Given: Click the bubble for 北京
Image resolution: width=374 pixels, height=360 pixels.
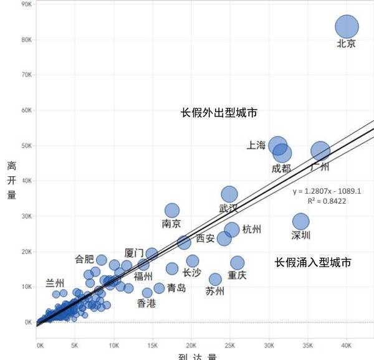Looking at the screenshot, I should [347, 27].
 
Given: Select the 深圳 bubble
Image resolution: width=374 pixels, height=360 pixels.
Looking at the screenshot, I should [301, 221].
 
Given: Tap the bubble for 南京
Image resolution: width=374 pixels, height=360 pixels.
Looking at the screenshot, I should [172, 211].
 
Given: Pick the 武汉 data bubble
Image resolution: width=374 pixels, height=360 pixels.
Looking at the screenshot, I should [229, 194].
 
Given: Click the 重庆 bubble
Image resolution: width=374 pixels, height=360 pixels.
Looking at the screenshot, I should [237, 263].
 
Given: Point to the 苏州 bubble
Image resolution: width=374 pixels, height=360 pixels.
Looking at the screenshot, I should [216, 279].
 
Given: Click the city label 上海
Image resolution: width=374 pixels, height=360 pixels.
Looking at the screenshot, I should [257, 145].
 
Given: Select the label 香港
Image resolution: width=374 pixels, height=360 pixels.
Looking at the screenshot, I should [147, 303].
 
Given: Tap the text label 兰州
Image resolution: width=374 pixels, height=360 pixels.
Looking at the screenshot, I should [55, 283].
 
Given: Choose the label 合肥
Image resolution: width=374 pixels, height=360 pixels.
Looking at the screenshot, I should [85, 258].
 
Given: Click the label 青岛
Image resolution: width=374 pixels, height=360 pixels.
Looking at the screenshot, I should [176, 288].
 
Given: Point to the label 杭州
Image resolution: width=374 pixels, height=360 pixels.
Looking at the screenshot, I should [252, 229].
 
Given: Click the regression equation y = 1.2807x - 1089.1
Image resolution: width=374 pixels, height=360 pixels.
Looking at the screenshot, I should [327, 191].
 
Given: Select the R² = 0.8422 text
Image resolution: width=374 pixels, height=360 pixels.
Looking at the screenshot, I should [327, 201].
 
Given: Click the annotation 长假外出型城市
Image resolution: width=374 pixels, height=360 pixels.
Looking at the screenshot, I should [219, 113].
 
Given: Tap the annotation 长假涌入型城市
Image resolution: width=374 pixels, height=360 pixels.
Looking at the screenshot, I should [313, 263].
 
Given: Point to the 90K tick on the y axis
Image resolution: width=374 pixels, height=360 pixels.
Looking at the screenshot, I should [26, 4].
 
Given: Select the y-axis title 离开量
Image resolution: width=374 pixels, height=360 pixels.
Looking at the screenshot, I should [12, 181].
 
